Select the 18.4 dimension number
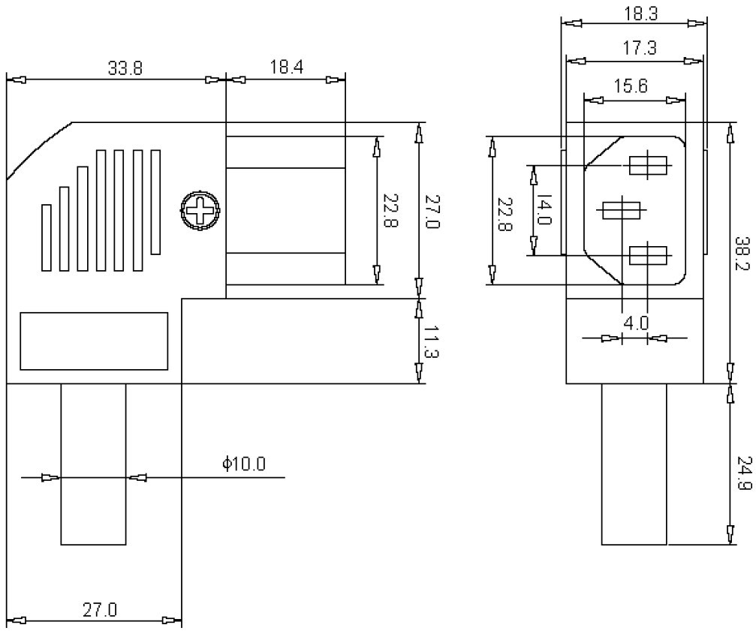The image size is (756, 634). coord(286,68)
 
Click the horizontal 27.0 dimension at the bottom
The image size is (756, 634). coord(99,609)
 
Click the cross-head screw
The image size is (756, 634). coord(200,211)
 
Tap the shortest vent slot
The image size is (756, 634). coord(47,237)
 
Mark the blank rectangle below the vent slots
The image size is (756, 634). coord(93,341)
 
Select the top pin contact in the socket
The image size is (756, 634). coord(647,165)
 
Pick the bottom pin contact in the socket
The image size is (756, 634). coord(647,256)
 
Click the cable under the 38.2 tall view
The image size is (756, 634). coord(634,464)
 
